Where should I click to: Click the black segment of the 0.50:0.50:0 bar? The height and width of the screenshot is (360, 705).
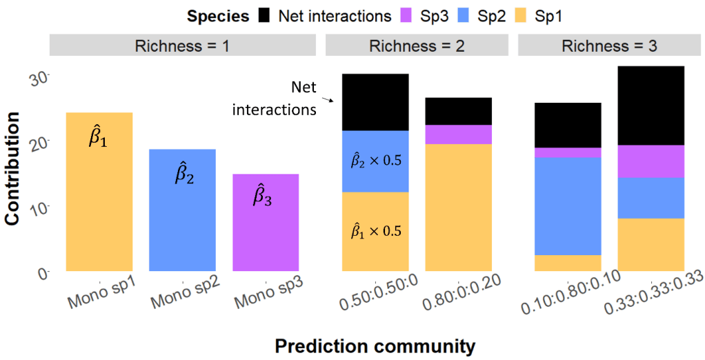pos(375,102)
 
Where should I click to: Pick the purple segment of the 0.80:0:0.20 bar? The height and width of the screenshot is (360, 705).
pos(458,134)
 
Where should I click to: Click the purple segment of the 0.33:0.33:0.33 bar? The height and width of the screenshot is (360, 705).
pos(651,161)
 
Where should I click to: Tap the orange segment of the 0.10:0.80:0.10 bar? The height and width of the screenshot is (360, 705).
pos(568,263)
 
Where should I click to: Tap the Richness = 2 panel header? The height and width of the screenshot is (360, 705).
pos(417,46)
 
